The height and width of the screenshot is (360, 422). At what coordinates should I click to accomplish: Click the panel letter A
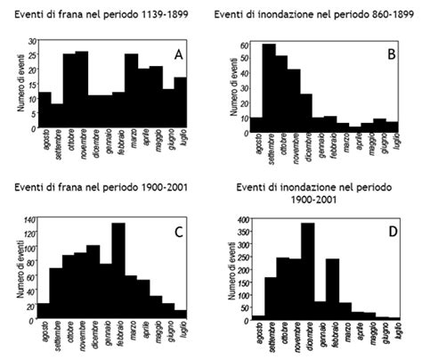point(178,55)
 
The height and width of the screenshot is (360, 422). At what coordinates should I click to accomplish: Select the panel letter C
point(178,233)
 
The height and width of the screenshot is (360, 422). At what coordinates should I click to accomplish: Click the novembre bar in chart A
point(82,89)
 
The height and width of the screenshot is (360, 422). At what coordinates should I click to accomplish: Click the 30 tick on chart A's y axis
point(32,42)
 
